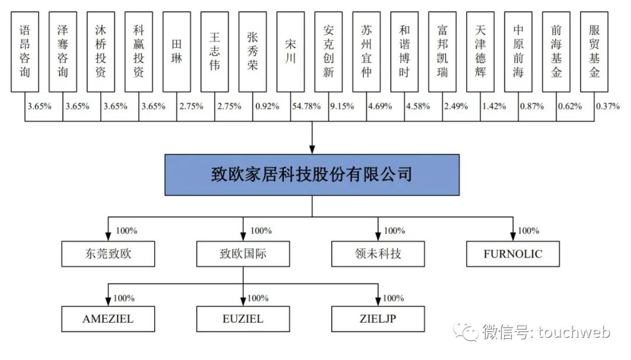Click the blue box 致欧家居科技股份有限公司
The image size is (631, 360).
[x=311, y=174]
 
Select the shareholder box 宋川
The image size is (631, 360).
[x=291, y=51]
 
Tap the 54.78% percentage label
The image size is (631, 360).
[x=304, y=106]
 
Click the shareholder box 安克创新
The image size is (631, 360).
[x=329, y=51]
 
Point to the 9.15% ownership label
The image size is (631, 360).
[x=342, y=106]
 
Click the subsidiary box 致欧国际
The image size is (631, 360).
[x=243, y=254]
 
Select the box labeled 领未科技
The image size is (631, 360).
[x=377, y=254]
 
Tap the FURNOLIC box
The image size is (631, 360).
[x=513, y=254]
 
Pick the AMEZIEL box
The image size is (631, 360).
[x=108, y=319]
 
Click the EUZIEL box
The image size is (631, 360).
[x=243, y=319]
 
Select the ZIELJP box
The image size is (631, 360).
[x=377, y=319]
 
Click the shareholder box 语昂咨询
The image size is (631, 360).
[x=25, y=51]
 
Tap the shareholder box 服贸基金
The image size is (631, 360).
[x=594, y=51]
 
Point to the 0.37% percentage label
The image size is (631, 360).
[x=608, y=106]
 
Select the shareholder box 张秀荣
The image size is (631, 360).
[x=253, y=51]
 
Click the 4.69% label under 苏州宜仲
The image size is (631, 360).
[x=380, y=106]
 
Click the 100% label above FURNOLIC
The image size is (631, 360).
[x=528, y=230]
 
